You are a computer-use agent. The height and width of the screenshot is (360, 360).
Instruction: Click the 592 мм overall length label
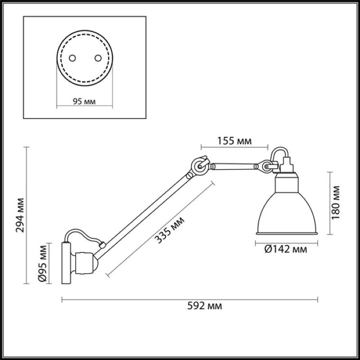tap(205, 306)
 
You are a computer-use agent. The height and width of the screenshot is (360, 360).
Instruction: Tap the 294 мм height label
tap(20, 215)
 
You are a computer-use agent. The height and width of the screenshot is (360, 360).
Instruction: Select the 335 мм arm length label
tap(169, 230)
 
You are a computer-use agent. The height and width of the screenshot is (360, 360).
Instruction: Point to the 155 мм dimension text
tap(234, 141)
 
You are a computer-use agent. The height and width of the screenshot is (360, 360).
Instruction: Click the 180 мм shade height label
tap(335, 203)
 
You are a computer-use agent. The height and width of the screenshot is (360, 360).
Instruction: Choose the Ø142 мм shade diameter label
tap(286, 249)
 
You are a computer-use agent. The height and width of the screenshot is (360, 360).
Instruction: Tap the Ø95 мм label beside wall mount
tap(42, 263)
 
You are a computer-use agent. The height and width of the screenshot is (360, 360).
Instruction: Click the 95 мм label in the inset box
tap(84, 101)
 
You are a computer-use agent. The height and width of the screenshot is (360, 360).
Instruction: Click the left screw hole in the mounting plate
tap(72, 58)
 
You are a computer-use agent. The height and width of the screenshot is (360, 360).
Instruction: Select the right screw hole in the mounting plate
tap(98, 58)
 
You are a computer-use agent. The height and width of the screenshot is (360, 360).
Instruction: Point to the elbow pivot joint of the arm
tap(199, 166)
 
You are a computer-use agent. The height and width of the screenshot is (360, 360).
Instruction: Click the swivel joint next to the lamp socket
tap(266, 166)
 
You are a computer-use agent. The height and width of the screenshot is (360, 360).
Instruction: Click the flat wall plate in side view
tap(66, 263)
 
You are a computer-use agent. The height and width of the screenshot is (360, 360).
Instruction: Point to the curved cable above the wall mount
tap(83, 234)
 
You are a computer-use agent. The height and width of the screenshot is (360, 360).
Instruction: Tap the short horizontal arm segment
tap(234, 166)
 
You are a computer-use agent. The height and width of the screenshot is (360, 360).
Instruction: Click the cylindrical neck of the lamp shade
tap(287, 183)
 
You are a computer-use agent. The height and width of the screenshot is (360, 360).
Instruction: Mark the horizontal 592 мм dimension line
tap(190, 299)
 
